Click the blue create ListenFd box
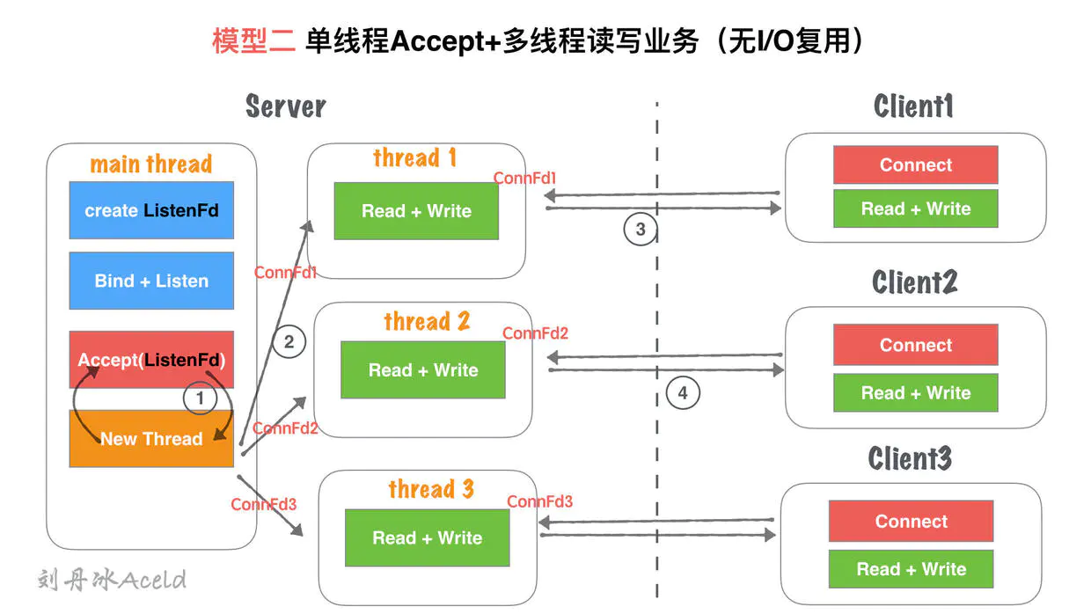[151, 210]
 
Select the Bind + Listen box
[151, 281]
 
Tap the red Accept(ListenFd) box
[151, 360]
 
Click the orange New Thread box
[151, 438]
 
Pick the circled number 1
[200, 398]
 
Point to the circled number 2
[289, 341]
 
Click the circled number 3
[641, 230]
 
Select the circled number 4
[683, 392]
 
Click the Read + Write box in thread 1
[416, 211]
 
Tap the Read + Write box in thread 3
[427, 537]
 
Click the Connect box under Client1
[915, 165]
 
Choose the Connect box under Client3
[911, 521]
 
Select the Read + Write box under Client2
[915, 393]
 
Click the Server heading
[286, 106]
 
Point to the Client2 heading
[914, 282]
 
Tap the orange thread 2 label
[427, 321]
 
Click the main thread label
[151, 164]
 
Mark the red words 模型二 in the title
[253, 40]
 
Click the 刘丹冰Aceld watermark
[112, 580]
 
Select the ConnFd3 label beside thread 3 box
[540, 501]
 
